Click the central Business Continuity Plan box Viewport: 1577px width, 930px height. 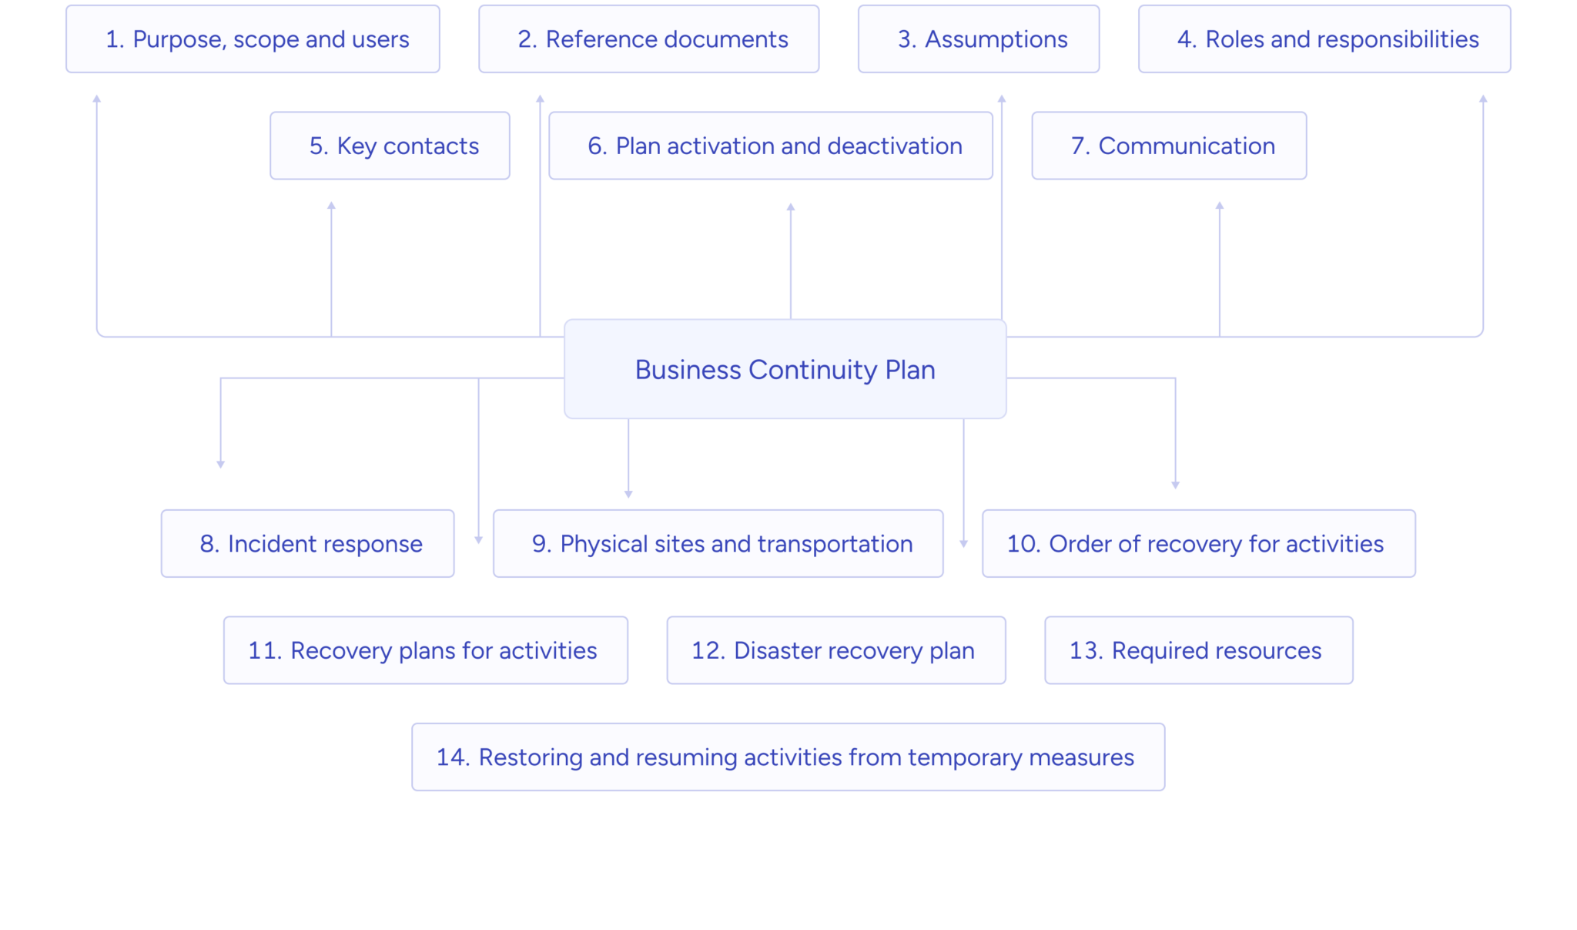coord(785,370)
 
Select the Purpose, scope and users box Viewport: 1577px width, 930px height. coord(253,39)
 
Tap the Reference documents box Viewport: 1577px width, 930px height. coord(648,39)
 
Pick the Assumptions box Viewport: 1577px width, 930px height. coord(978,39)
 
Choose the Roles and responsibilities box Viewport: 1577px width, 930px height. coord(1324,39)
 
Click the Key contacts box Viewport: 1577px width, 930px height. coord(390,146)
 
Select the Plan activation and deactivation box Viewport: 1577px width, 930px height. coord(770,146)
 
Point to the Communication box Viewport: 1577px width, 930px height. coord(1168,146)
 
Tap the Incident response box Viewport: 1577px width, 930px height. coord(307,543)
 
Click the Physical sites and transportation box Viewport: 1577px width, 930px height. coord(718,543)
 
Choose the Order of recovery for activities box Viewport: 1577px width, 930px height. coord(1198,543)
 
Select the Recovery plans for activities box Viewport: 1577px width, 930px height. coord(425,650)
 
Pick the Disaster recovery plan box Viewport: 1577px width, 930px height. coord(835,650)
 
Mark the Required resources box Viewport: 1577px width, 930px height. coord(1198,650)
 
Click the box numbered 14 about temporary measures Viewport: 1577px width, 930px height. coord(788,757)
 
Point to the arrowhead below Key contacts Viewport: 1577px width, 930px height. coord(331,206)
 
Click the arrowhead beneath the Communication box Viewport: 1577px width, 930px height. coord(1219,206)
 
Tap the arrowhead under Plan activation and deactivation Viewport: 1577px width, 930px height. coord(790,206)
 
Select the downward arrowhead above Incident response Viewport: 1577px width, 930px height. coord(220,465)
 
